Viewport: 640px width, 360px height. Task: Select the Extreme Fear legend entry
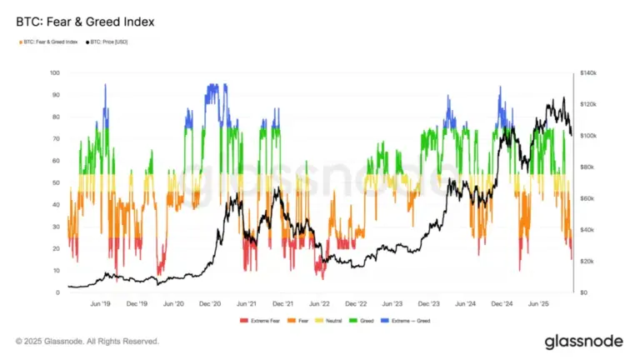tap(258, 320)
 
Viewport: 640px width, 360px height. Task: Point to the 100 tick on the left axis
tap(56, 73)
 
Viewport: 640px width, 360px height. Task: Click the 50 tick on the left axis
tap(56, 182)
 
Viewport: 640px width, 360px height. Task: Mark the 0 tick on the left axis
tap(57, 292)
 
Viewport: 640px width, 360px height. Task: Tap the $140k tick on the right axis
tap(588, 73)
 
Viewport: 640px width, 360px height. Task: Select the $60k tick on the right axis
tap(587, 198)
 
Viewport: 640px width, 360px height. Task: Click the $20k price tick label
tap(587, 262)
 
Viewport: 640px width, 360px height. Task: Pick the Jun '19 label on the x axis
tap(102, 304)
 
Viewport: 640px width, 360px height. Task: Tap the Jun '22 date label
tap(320, 304)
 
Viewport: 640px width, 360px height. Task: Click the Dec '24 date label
tap(502, 304)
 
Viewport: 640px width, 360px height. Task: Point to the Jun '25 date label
tap(538, 304)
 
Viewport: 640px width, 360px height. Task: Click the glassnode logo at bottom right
tap(579, 341)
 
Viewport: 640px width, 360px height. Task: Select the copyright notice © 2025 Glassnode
tap(87, 341)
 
